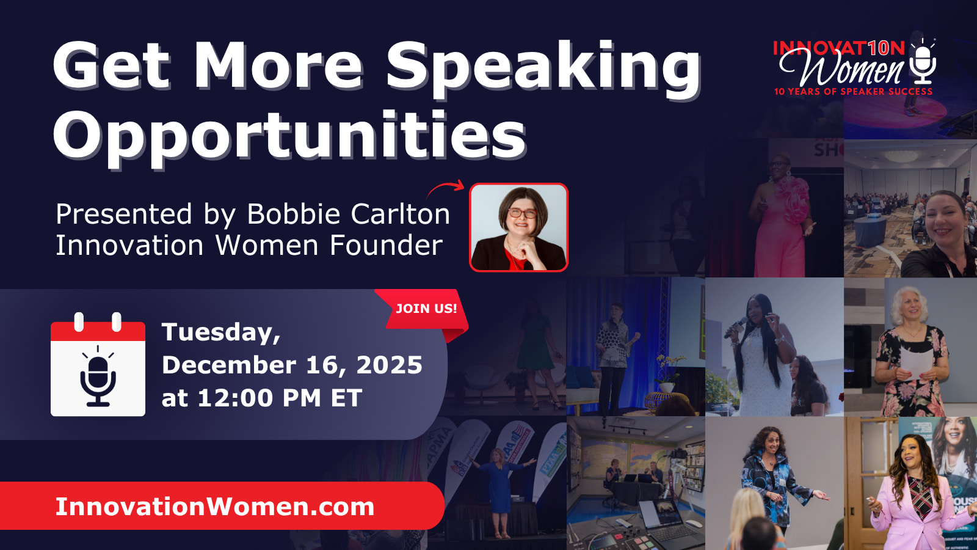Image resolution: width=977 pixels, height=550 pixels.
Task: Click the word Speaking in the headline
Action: pyautogui.click(x=543, y=70)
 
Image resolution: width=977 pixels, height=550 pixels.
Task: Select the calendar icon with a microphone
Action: pyautogui.click(x=98, y=364)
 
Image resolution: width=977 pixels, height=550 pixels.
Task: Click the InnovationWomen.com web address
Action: pyautogui.click(x=214, y=507)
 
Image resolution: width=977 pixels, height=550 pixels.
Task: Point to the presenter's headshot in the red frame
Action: pyautogui.click(x=518, y=227)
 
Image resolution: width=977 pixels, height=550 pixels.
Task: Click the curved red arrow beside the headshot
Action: pyautogui.click(x=445, y=189)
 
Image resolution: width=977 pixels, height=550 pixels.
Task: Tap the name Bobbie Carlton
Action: pyautogui.click(x=349, y=214)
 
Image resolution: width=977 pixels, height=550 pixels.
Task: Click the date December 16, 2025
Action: pyautogui.click(x=292, y=365)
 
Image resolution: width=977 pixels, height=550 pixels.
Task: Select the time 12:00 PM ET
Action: pyautogui.click(x=280, y=398)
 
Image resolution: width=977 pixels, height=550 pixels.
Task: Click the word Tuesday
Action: pyautogui.click(x=220, y=332)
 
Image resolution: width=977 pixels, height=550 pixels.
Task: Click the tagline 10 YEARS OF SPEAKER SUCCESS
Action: pyautogui.click(x=853, y=92)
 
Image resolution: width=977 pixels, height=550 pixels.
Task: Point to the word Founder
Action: pyautogui.click(x=386, y=245)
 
